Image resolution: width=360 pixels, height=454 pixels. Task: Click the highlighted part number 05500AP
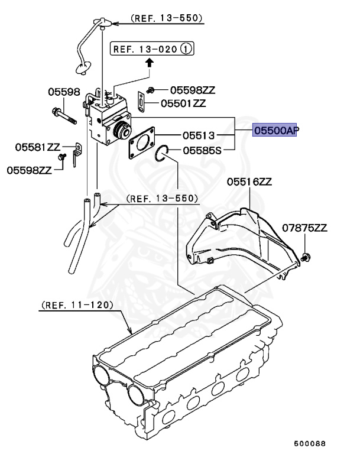click(274, 131)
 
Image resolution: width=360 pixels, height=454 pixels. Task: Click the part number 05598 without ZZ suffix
click(64, 92)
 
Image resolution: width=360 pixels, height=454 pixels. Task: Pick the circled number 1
click(187, 49)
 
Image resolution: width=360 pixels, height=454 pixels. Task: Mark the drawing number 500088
click(310, 443)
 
